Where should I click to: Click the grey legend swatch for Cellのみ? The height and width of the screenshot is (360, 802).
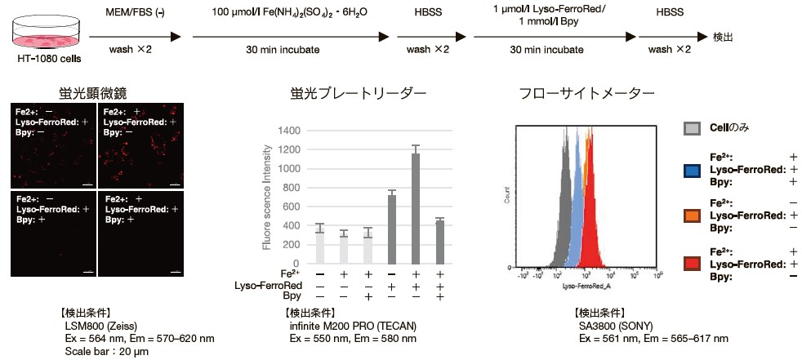click(692, 129)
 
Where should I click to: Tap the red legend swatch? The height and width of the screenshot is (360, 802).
click(692, 263)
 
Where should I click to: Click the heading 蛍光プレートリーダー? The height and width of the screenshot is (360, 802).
click(358, 94)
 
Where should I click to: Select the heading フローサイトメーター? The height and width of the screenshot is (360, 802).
click(587, 94)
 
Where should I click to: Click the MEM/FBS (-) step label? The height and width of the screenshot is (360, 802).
click(132, 12)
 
